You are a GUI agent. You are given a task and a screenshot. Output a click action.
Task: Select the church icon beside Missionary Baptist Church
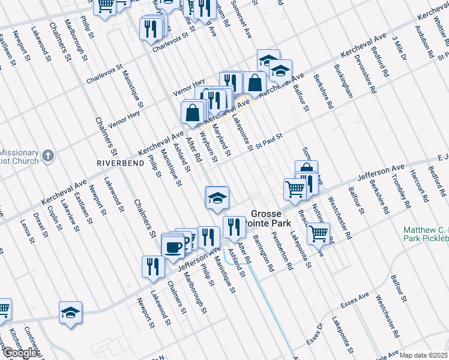coord(49,156)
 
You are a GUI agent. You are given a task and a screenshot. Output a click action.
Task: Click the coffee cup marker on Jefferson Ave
coord(173,247)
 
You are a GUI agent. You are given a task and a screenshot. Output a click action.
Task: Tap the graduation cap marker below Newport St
coord(70,313)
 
